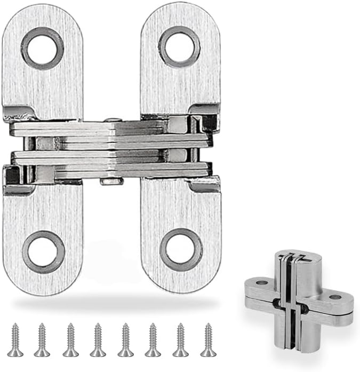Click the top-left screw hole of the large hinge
click(43, 49)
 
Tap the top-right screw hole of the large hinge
click(179, 47)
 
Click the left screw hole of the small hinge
click(261, 282)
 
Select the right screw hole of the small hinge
click(335, 297)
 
